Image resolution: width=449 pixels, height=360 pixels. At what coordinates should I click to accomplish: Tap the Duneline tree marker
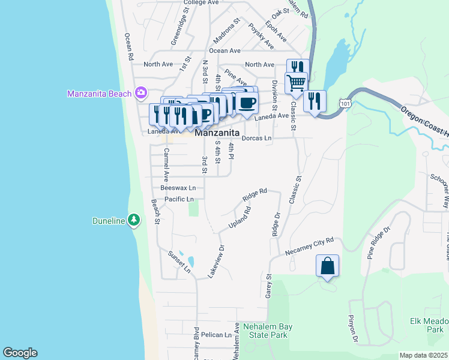tap(134, 221)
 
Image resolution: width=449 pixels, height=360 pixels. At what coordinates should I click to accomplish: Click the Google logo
tap(20, 353)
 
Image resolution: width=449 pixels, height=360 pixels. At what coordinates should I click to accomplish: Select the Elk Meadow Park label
tap(427, 325)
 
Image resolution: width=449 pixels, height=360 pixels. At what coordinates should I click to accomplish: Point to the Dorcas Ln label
tap(256, 138)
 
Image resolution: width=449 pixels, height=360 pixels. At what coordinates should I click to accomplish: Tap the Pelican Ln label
tap(216, 335)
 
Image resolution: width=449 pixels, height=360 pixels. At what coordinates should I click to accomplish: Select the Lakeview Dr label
tap(215, 260)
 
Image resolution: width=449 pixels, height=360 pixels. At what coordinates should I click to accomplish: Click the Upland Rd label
tap(238, 218)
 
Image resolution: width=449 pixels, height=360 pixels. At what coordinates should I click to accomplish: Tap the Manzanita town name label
tap(217, 133)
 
